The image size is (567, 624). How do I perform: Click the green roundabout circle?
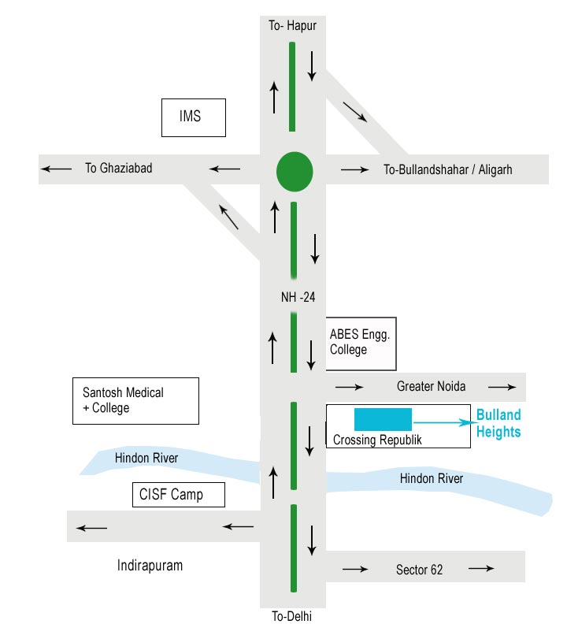pyautogui.click(x=295, y=170)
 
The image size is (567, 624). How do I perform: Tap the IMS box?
pyautogui.click(x=193, y=117)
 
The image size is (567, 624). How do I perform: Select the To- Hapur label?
pyautogui.click(x=292, y=26)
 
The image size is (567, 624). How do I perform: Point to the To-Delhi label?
pyautogui.click(x=292, y=616)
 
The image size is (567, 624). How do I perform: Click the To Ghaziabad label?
pyautogui.click(x=118, y=168)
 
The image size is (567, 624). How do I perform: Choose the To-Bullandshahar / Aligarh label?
pyautogui.click(x=447, y=169)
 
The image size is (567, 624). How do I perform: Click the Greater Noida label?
pyautogui.click(x=431, y=386)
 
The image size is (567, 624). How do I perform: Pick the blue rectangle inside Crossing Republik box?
pyautogui.click(x=383, y=419)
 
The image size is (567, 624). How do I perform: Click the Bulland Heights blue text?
pyautogui.click(x=498, y=423)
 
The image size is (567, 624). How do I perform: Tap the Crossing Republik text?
pyautogui.click(x=377, y=440)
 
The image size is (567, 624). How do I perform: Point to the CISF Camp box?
pyautogui.click(x=179, y=495)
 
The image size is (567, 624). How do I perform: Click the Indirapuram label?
pyautogui.click(x=150, y=566)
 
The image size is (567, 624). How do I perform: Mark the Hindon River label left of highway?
pyautogui.click(x=146, y=459)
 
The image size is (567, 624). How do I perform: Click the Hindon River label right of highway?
pyautogui.click(x=432, y=478)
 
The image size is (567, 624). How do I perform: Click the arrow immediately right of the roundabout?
pyautogui.click(x=354, y=169)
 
